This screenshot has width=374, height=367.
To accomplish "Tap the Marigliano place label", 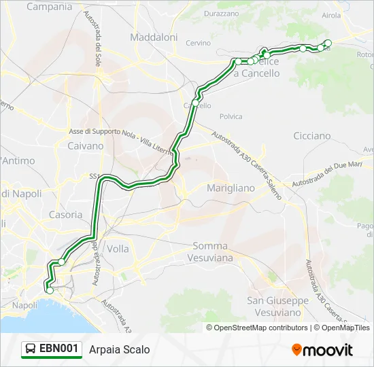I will coord(230,188).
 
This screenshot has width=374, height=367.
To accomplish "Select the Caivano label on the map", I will coord(86,145).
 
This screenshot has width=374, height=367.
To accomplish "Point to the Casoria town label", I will coord(66,214).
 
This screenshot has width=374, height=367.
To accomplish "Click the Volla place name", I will coord(118,249).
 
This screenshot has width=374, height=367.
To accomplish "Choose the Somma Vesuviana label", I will coord(213,251).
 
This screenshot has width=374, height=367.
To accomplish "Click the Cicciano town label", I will coord(311,136).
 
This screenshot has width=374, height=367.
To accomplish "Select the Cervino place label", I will coord(198,43).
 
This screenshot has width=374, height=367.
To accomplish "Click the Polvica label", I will coord(231,116).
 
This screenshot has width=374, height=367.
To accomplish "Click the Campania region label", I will coord(49,7).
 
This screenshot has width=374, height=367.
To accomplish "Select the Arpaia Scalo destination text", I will coord(120,349).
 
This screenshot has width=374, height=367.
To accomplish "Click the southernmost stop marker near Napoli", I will coord(49,290).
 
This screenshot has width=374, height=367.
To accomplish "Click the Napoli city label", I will coord(24,305).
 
